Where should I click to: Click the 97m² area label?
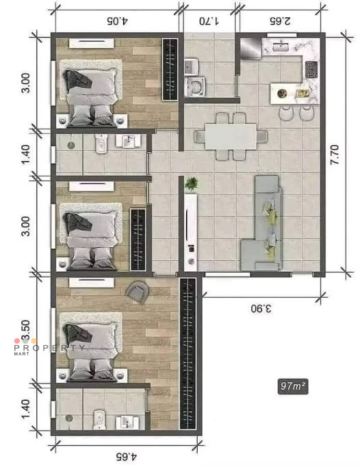293,386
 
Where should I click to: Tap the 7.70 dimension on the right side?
335,155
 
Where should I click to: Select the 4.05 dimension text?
117,21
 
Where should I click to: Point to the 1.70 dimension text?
209,21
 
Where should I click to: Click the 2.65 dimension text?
280,21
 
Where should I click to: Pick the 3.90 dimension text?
261,309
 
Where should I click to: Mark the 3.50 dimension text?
26,330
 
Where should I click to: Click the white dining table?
231,136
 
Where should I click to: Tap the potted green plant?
191,184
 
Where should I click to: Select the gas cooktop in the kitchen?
311,69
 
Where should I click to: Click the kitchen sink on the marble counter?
281,47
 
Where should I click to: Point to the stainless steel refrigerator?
250,48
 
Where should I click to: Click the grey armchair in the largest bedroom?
138,292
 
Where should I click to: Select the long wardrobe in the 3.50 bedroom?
188,354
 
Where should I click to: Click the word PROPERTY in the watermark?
49,348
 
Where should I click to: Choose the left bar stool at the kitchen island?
285,113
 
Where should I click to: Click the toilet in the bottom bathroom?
99,419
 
